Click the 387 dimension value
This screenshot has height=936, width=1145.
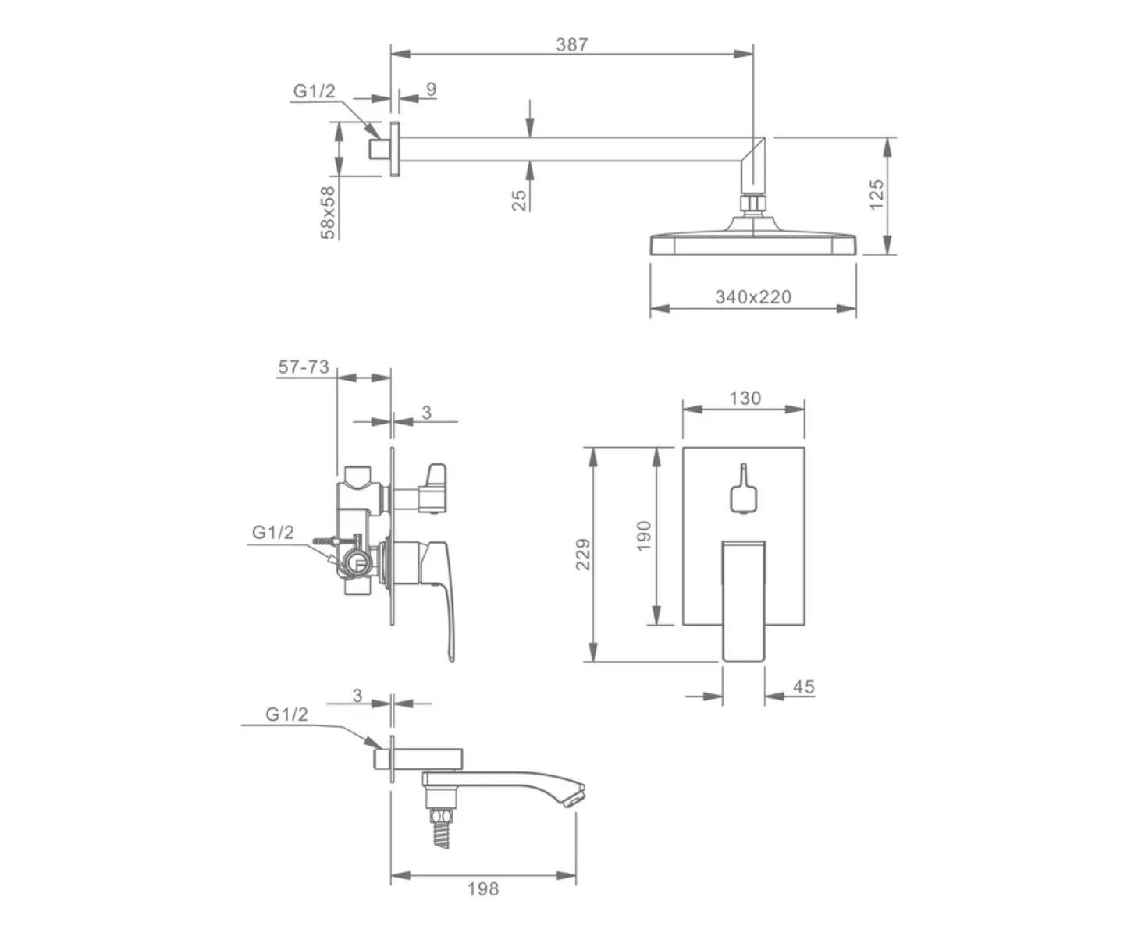click(571, 44)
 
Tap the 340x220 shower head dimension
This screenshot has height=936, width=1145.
click(753, 297)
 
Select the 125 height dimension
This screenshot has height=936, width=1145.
click(877, 195)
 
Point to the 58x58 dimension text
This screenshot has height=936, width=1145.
click(328, 213)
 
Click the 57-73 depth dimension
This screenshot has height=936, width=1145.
click(304, 367)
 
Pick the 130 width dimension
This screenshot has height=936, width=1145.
click(745, 399)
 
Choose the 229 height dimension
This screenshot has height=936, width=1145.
click(583, 554)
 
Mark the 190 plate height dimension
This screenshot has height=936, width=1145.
click(643, 536)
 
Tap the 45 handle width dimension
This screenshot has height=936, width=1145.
click(803, 687)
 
